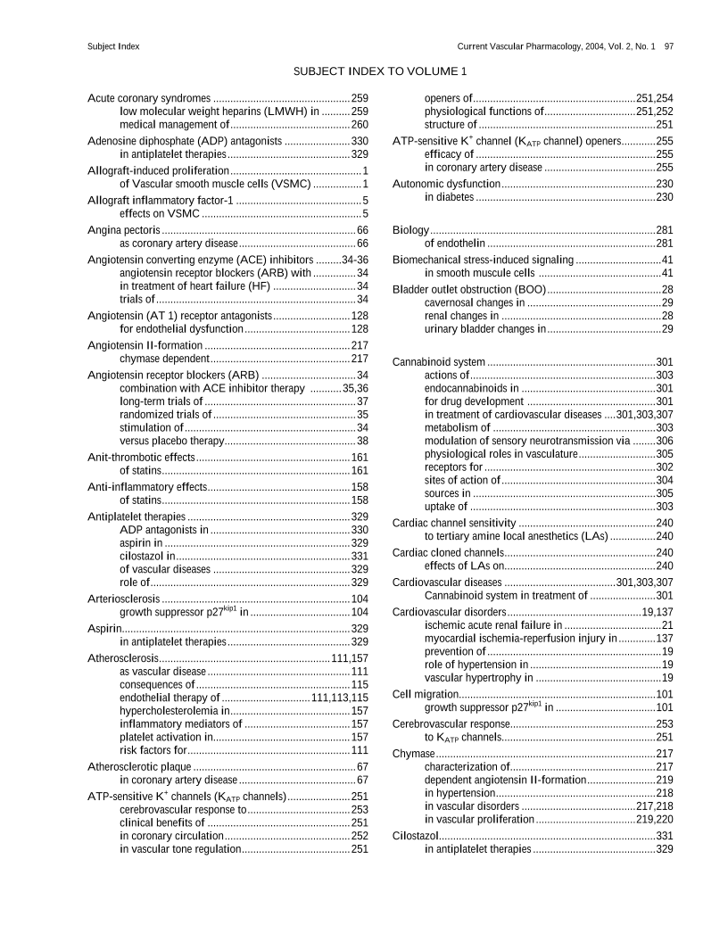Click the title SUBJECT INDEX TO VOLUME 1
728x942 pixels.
pyautogui.click(x=379, y=70)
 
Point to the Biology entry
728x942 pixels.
pyautogui.click(x=411, y=230)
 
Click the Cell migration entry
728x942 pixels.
pyautogui.click(x=426, y=694)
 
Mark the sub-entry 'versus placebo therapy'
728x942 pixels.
pyautogui.click(x=170, y=441)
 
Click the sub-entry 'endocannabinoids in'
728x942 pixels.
pyautogui.click(x=471, y=388)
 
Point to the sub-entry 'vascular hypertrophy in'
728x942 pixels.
pyautogui.click(x=478, y=677)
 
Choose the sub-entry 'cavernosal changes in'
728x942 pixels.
pyautogui.click(x=475, y=303)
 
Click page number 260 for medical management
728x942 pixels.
pyautogui.click(x=360, y=125)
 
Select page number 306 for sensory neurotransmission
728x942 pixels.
pyautogui.click(x=664, y=441)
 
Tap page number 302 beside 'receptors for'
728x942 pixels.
pyautogui.click(x=664, y=467)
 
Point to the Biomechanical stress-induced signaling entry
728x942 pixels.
pyautogui.click(x=483, y=260)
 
